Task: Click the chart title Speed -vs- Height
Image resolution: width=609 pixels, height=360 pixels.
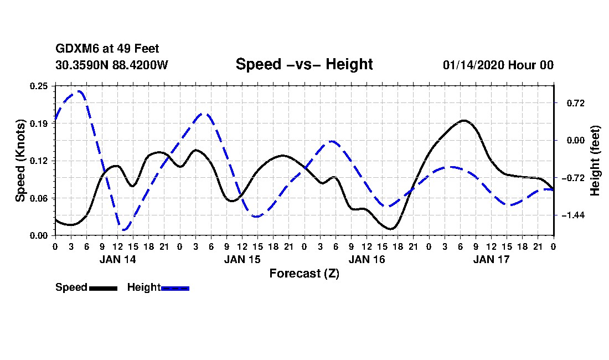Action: click(304, 64)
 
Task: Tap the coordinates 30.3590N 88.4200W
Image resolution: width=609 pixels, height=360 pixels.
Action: click(112, 65)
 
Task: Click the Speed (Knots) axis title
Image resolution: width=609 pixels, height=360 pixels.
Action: click(20, 160)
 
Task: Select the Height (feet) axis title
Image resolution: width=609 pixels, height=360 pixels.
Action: click(595, 160)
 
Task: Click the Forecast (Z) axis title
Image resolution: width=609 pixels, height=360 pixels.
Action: click(304, 273)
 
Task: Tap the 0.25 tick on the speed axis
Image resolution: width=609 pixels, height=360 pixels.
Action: click(39, 86)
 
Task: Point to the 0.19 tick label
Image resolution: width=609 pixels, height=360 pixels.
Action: click(39, 124)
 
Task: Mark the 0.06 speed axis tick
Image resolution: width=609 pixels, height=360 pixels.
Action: click(39, 198)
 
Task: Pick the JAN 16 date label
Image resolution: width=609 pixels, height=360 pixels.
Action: click(367, 259)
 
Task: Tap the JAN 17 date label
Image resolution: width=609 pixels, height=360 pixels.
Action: click(491, 259)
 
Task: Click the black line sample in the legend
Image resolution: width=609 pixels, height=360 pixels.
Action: click(102, 288)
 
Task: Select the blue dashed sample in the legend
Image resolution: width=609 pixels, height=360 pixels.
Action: click(175, 288)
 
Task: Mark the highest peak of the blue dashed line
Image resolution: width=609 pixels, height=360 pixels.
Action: click(80, 91)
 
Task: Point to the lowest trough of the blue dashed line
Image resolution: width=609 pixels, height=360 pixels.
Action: click(124, 229)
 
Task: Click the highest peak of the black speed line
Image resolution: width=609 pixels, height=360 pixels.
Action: click(464, 120)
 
